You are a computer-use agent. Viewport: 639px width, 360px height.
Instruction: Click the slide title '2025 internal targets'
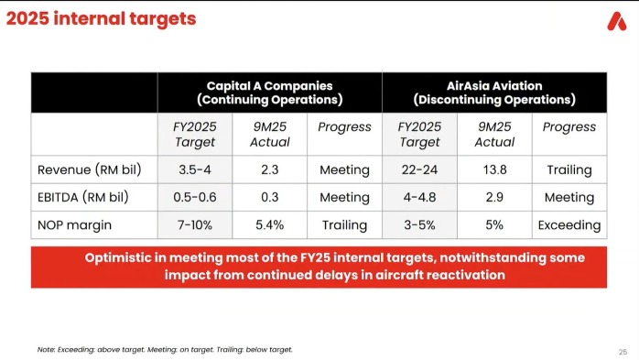click(x=101, y=18)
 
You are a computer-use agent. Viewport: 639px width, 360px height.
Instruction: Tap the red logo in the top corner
click(x=617, y=21)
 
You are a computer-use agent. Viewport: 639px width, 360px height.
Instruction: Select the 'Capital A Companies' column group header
click(x=270, y=93)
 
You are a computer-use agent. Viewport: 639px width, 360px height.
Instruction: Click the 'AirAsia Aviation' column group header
click(x=494, y=93)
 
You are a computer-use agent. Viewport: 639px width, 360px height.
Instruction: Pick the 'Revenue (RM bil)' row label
click(x=89, y=169)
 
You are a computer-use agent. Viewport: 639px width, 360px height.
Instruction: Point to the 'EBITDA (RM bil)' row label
click(x=83, y=197)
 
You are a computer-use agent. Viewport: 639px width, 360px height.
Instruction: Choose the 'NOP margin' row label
click(x=74, y=225)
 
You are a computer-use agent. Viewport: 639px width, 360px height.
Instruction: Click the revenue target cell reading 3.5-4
click(x=195, y=169)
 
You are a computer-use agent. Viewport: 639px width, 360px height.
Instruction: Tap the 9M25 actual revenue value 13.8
click(x=494, y=169)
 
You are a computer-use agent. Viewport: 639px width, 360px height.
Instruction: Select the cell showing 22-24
click(x=419, y=169)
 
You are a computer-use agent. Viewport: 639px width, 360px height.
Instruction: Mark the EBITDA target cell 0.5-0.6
click(x=195, y=197)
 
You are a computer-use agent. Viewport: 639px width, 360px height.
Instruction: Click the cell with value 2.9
click(x=494, y=197)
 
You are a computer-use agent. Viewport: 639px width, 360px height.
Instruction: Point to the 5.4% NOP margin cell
click(x=270, y=225)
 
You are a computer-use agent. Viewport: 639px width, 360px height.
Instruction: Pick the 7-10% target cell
click(x=195, y=225)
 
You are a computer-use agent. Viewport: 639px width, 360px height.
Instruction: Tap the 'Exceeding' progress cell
click(x=569, y=225)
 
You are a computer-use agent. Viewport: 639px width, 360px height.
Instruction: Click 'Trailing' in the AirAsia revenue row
click(x=569, y=169)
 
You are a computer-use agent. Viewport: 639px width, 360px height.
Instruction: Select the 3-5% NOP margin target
click(x=419, y=225)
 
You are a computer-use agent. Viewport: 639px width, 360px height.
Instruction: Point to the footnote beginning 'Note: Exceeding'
click(x=165, y=349)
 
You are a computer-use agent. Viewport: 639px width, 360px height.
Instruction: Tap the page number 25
click(x=623, y=352)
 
